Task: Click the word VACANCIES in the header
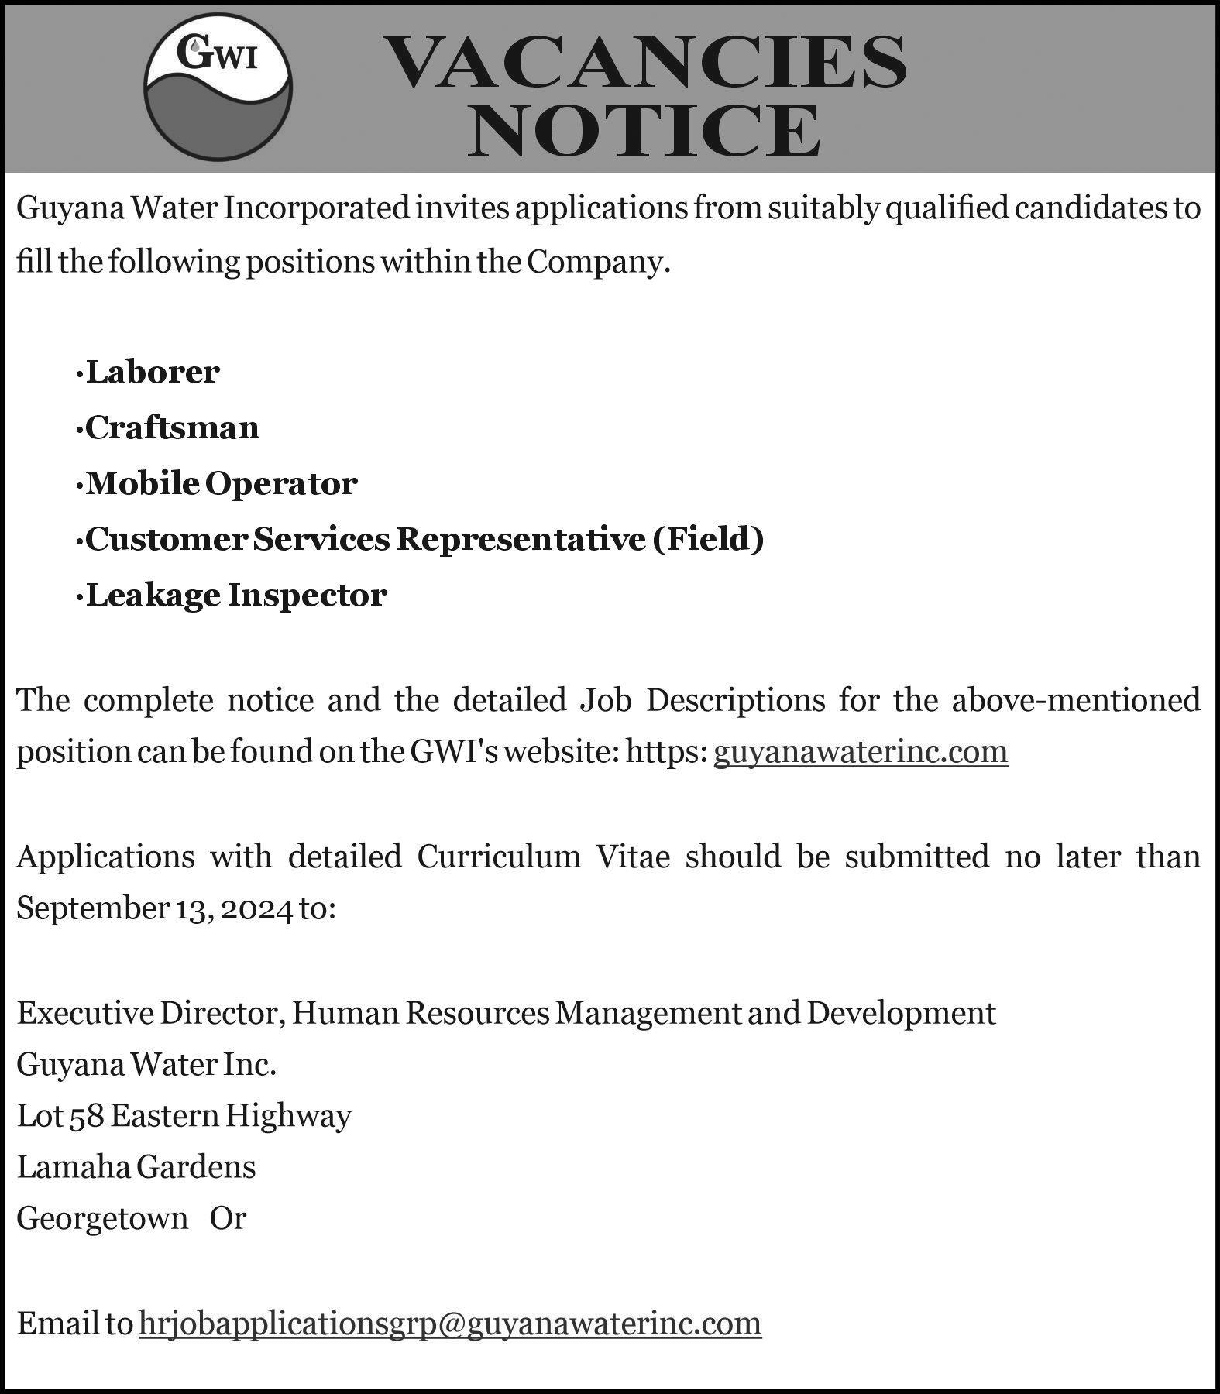(x=646, y=62)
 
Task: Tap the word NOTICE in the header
(x=644, y=131)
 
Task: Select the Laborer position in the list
(x=153, y=373)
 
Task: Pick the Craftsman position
(x=172, y=427)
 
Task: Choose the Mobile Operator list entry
(x=222, y=483)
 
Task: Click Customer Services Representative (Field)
(x=424, y=539)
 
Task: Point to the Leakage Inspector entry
(x=236, y=595)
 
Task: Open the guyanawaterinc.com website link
(x=861, y=751)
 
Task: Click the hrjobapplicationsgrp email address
(x=450, y=1323)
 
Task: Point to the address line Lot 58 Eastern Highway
(x=184, y=1116)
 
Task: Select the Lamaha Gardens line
(x=136, y=1166)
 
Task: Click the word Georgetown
(x=102, y=1218)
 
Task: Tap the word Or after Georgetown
(x=228, y=1218)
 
